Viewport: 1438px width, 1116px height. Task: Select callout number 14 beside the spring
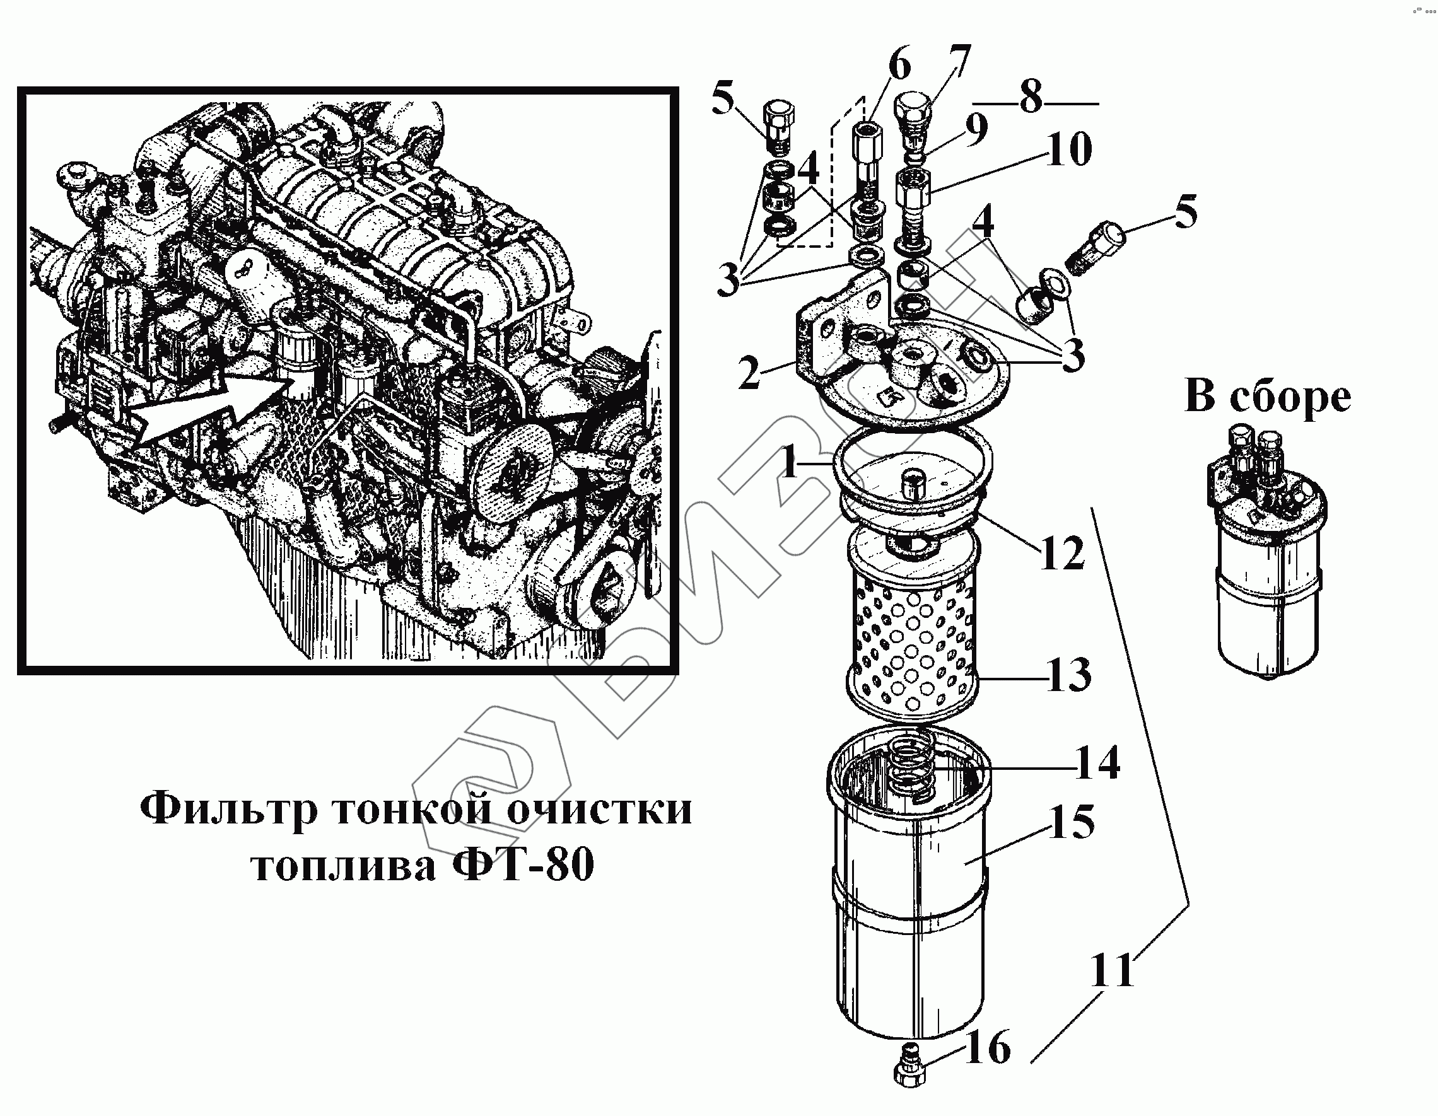click(x=1097, y=762)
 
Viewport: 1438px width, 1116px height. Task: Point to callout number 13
click(x=1068, y=674)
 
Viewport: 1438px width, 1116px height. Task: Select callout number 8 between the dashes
click(x=1031, y=97)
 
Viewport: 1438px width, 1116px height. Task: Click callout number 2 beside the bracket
click(x=749, y=373)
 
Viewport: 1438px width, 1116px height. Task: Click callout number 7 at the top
click(x=959, y=61)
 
